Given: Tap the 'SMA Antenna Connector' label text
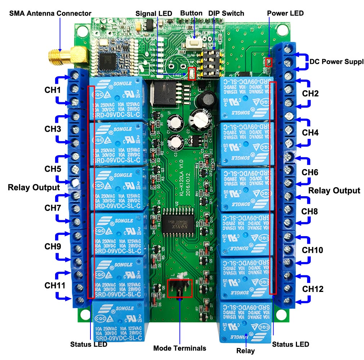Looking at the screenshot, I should tap(50, 14).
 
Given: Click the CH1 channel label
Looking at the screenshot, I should tap(53, 90).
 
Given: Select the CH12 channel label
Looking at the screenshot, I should tap(312, 289).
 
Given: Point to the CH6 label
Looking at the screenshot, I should tap(310, 172).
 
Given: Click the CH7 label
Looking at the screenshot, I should tap(53, 208).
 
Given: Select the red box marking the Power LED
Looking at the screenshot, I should tap(269, 62).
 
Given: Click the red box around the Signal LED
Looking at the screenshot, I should tap(192, 73).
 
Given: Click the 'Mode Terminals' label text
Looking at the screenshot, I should tap(179, 348).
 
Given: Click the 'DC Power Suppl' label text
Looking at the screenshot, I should tap(336, 61).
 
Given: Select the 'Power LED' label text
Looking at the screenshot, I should tap(285, 13).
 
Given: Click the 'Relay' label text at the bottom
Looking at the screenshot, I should tap(245, 351).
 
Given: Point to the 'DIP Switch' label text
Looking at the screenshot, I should tap(226, 14).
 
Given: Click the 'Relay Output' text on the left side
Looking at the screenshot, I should tap(34, 187).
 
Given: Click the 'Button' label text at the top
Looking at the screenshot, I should tap(191, 13).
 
